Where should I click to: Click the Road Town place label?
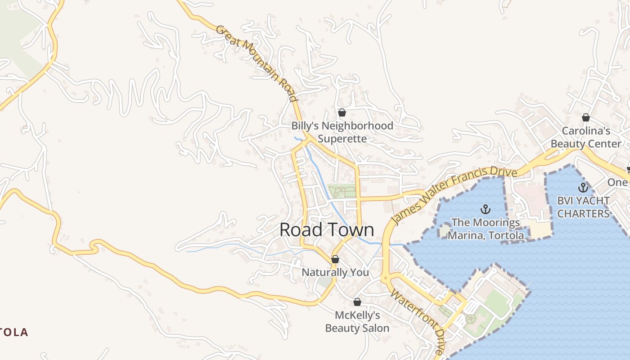pyautogui.click(x=327, y=229)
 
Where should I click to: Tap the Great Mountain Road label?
pyautogui.click(x=256, y=63)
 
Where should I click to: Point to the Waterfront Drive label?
pyautogui.click(x=418, y=321)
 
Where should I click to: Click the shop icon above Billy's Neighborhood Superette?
pyautogui.click(x=342, y=112)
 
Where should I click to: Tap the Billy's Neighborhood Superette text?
pyautogui.click(x=342, y=132)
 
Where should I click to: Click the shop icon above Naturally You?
pyautogui.click(x=335, y=259)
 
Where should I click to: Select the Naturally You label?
pyautogui.click(x=335, y=272)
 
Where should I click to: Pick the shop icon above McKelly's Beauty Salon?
pyautogui.click(x=357, y=302)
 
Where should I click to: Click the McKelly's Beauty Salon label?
pyautogui.click(x=357, y=322)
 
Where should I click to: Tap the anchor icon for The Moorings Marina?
pyautogui.click(x=485, y=209)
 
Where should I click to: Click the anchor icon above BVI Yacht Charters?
pyautogui.click(x=583, y=188)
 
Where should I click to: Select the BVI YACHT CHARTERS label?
pyautogui.click(x=583, y=207)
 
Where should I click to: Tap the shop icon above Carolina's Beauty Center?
pyautogui.click(x=586, y=117)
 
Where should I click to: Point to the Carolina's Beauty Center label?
pyautogui.click(x=586, y=137)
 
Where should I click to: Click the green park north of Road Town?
pyautogui.click(x=341, y=191)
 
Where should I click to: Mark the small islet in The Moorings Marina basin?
pyautogui.click(x=444, y=230)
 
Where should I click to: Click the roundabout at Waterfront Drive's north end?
pyautogui.click(x=385, y=279)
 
